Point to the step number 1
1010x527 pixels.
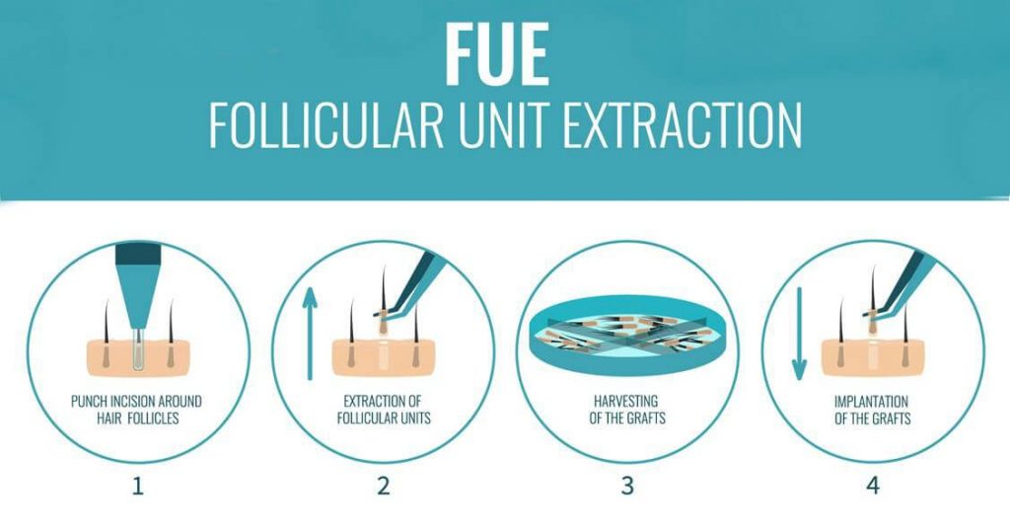pyautogui.click(x=137, y=486)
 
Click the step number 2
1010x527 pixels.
pyautogui.click(x=384, y=486)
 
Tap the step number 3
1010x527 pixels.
pyautogui.click(x=628, y=486)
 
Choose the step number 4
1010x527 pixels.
pyautogui.click(x=873, y=486)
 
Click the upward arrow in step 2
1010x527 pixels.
pyautogui.click(x=311, y=334)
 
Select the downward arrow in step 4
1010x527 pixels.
pyautogui.click(x=799, y=334)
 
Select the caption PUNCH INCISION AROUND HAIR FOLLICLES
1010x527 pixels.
pyautogui.click(x=136, y=410)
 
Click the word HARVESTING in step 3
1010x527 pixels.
pyautogui.click(x=626, y=402)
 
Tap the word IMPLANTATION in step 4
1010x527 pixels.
pyautogui.click(x=872, y=402)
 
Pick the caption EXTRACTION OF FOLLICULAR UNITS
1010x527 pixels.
pyautogui.click(x=384, y=410)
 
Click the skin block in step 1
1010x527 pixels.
pyautogui.click(x=138, y=357)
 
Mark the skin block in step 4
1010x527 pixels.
pyautogui.click(x=873, y=357)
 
